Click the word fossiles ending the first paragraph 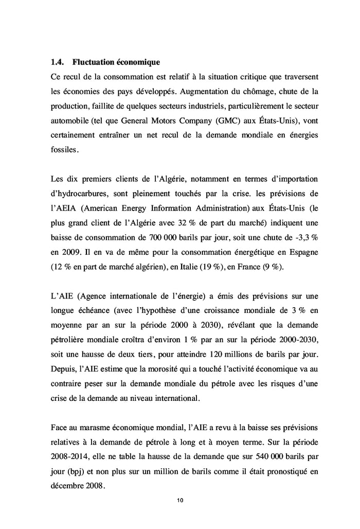pyautogui.click(x=65, y=151)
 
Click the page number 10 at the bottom pyautogui.click(x=180, y=500)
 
